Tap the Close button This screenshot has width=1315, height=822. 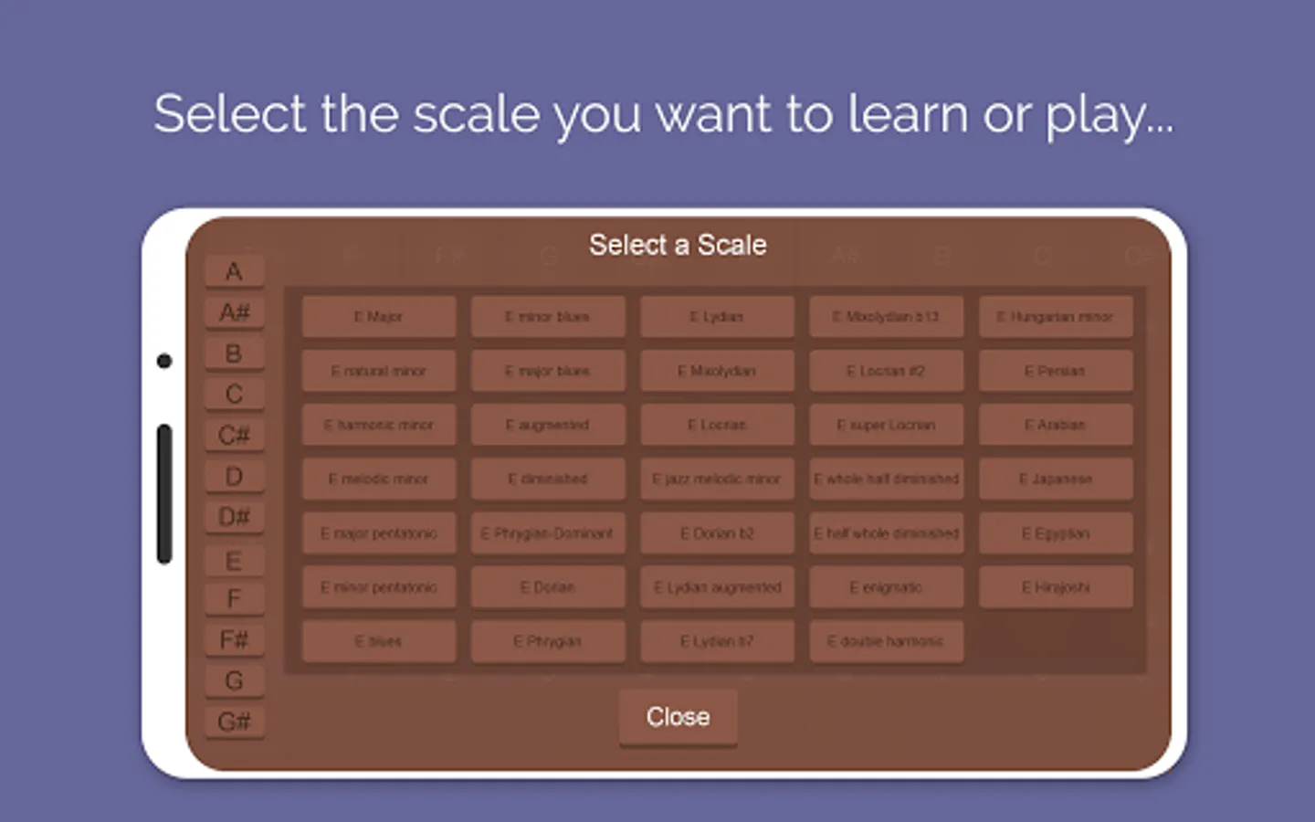(x=678, y=717)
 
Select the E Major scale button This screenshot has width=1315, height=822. (x=379, y=317)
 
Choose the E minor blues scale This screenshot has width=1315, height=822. (x=548, y=317)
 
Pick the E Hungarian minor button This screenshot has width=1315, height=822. (x=1056, y=317)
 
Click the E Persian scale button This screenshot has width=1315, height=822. (x=1056, y=371)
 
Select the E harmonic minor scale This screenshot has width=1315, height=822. (x=379, y=425)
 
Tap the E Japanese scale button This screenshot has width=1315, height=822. (x=1056, y=479)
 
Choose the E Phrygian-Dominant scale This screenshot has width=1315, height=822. (x=548, y=533)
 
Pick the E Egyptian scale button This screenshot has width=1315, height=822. (x=1056, y=533)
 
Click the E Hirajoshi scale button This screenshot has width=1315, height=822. (x=1056, y=587)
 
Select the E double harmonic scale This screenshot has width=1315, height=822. (x=886, y=641)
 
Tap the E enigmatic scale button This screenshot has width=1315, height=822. (x=886, y=587)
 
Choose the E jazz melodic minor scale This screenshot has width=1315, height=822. (x=717, y=479)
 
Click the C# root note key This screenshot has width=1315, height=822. (x=235, y=435)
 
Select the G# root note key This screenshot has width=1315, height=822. (x=235, y=722)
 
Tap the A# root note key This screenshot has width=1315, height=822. (x=235, y=312)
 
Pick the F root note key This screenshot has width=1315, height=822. (x=235, y=599)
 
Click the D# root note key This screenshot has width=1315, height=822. (x=235, y=517)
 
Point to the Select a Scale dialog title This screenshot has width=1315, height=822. (x=678, y=245)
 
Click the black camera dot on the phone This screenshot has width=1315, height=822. (x=164, y=361)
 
